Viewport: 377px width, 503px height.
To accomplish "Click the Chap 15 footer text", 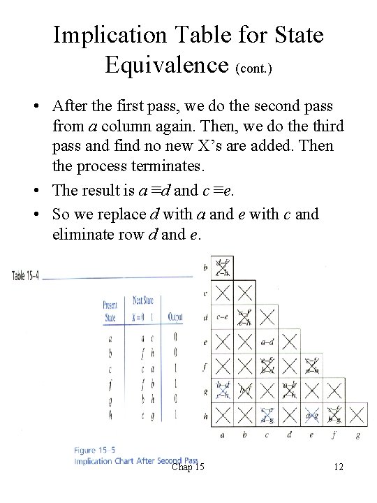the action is click(187, 466).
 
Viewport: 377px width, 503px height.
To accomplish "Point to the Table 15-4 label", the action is click(26, 276).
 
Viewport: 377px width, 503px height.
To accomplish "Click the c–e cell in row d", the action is click(222, 316).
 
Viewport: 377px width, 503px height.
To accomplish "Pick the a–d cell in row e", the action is click(267, 342).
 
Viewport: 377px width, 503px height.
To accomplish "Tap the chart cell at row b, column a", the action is click(222, 268).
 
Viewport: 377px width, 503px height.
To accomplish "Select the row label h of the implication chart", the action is click(205, 415).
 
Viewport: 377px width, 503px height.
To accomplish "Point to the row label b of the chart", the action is click(205, 268).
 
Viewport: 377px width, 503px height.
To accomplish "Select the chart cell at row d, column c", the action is click(267, 316).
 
